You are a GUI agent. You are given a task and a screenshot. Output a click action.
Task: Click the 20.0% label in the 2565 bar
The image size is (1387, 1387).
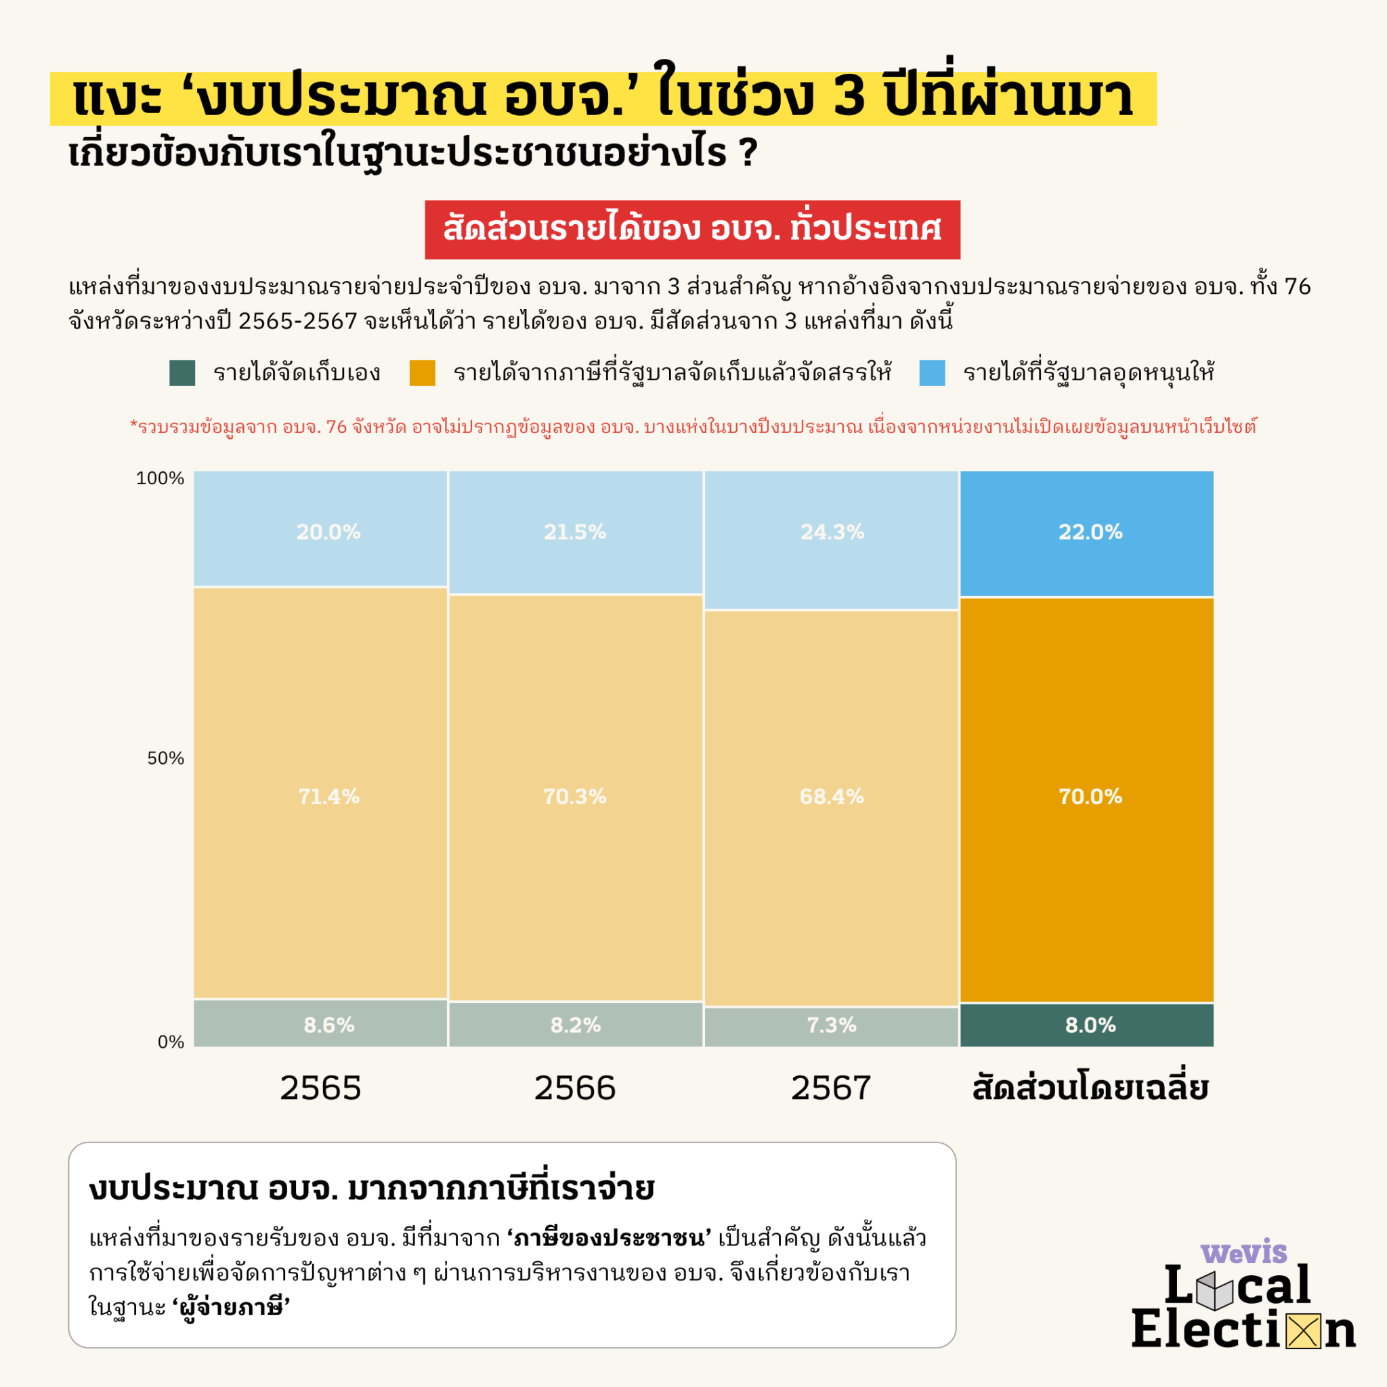coord(328,532)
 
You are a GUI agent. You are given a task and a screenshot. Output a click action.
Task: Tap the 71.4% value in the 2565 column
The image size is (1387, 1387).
coord(328,796)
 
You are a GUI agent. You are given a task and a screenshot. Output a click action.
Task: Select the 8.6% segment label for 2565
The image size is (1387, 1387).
coord(328,1025)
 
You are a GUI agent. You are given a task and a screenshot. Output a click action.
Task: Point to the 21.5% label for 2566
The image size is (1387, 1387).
coord(574,532)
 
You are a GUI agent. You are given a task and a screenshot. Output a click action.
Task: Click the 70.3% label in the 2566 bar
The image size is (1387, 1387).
coord(574,796)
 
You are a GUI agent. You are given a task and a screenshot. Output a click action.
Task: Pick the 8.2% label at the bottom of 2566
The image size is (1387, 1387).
coord(574,1025)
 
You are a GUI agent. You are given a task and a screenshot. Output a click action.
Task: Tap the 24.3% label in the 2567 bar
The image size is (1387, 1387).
coord(832,532)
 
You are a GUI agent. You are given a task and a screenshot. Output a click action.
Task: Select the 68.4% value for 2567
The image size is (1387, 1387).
coord(832,796)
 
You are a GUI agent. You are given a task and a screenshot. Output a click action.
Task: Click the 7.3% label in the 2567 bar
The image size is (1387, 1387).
coord(832,1025)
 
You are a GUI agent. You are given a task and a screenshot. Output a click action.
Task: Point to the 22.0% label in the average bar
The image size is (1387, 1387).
coord(1090,532)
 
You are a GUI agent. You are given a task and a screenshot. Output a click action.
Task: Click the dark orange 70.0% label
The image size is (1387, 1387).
coord(1090,796)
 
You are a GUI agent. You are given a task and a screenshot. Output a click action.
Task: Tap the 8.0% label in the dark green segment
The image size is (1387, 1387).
coord(1090,1025)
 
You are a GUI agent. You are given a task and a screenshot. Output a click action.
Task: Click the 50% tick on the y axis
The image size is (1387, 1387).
coord(165,758)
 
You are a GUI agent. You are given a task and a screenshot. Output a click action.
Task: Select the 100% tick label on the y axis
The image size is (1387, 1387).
coord(159,478)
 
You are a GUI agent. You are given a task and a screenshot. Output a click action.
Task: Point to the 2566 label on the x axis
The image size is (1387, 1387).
coord(574,1088)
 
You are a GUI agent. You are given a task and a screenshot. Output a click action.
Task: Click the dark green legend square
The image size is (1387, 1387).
coord(182,373)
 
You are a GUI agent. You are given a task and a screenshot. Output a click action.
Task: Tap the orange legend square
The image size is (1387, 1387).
coord(422,373)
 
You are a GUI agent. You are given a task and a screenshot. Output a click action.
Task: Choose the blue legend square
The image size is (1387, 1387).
coord(932,373)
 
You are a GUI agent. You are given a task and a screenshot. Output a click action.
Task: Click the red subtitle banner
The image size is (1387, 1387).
coord(692,230)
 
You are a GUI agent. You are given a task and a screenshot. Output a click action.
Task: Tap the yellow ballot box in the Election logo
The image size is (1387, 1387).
coord(1303,1331)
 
